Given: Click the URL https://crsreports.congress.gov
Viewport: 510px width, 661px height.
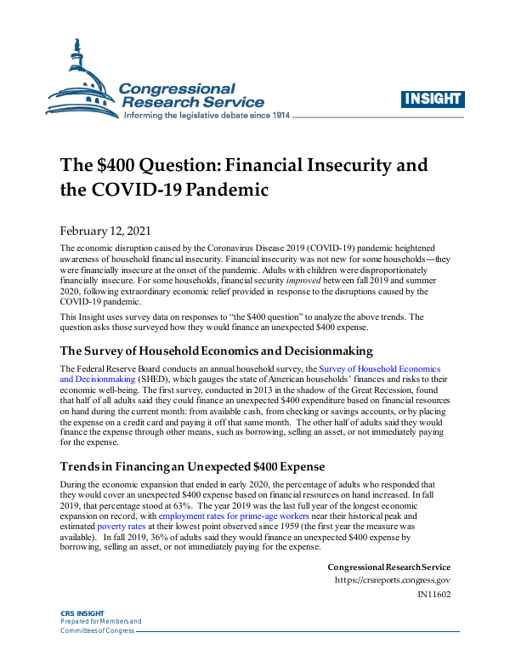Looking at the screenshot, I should click(x=393, y=580).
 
